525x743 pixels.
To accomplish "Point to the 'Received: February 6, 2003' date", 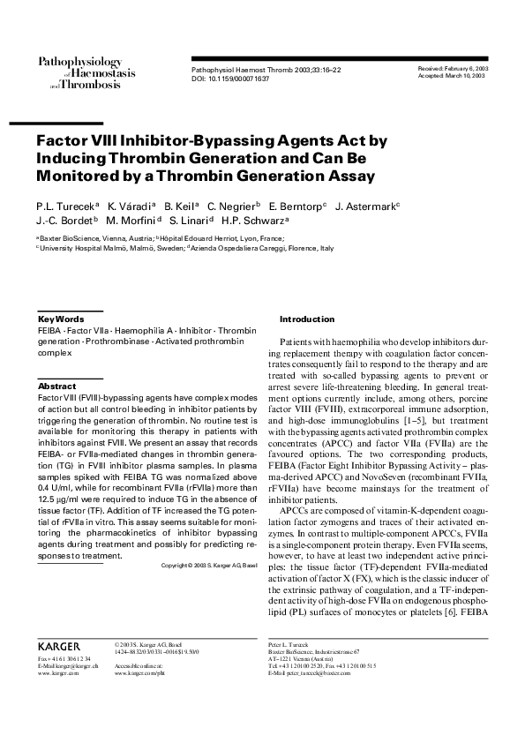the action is click(451, 68).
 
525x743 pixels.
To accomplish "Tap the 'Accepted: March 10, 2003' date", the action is click(451, 77).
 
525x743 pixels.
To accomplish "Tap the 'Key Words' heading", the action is click(62, 319).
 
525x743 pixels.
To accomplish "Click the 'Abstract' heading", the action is click(57, 387).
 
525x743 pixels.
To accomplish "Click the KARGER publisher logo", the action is click(59, 645).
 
